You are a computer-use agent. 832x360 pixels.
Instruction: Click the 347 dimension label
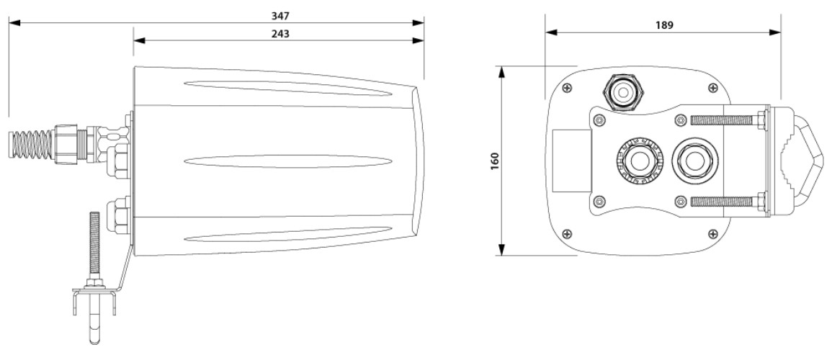tap(280, 16)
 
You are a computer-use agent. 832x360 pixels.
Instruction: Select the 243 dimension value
tap(280, 33)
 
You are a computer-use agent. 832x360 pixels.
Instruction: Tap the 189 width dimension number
tap(664, 25)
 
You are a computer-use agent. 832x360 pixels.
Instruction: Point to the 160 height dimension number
tap(495, 161)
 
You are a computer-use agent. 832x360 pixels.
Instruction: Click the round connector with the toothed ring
tap(640, 160)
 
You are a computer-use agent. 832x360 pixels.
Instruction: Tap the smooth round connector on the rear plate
tap(694, 160)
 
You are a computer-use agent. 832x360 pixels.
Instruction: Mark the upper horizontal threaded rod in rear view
tap(722, 120)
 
